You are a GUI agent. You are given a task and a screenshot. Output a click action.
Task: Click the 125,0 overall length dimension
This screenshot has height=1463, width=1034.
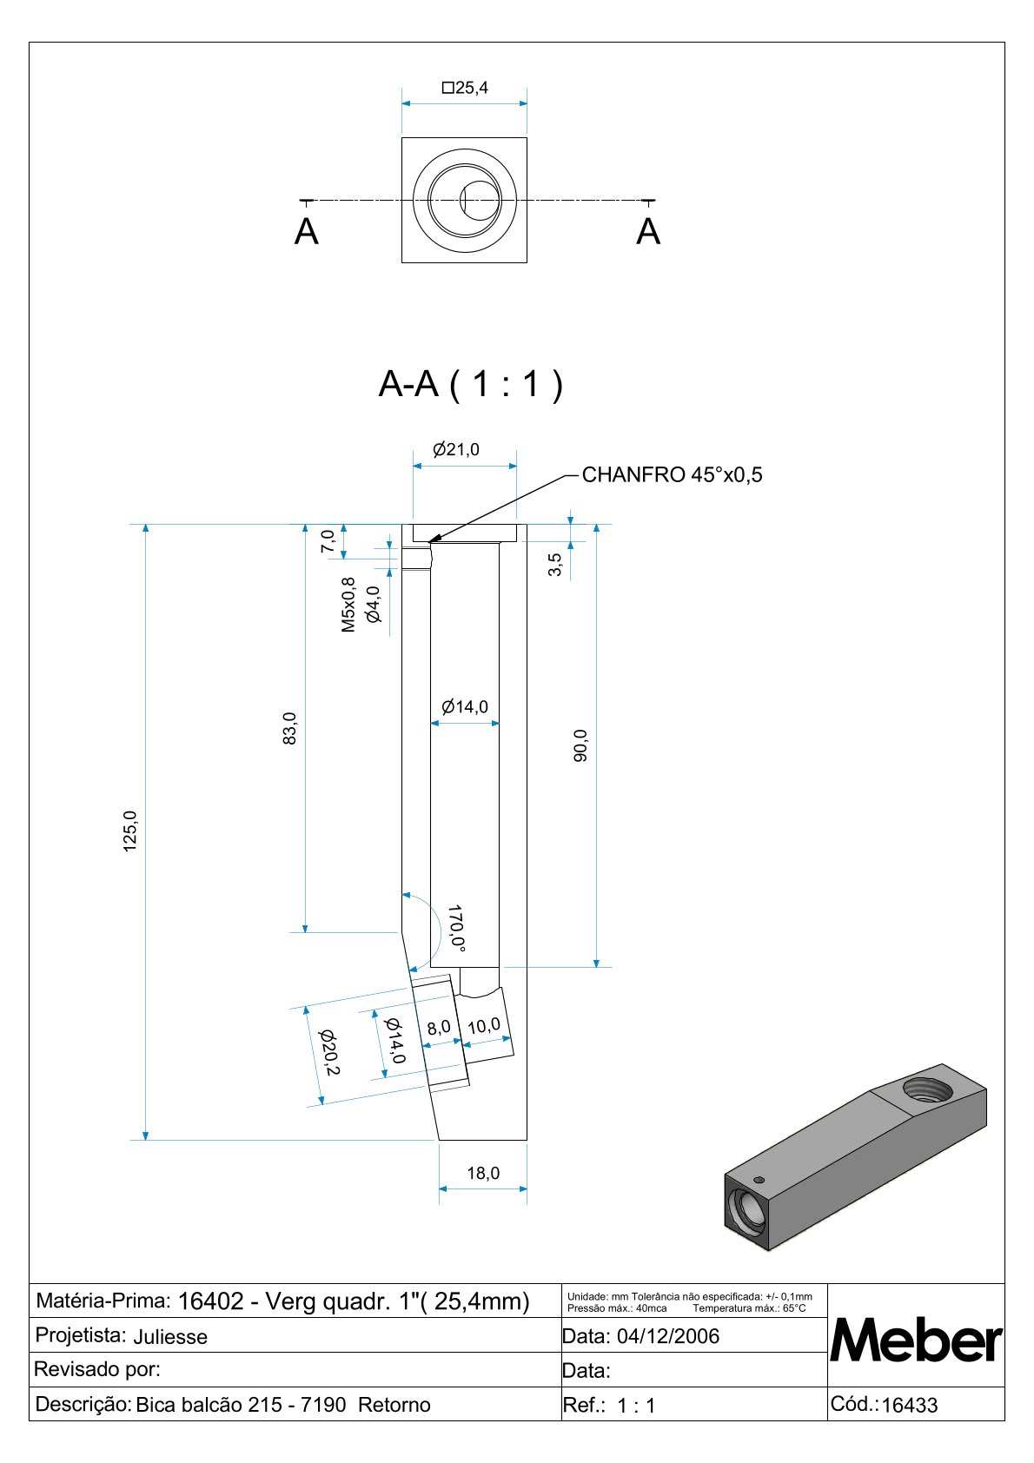click(x=130, y=831)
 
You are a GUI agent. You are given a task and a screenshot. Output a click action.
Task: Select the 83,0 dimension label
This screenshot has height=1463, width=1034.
click(x=289, y=728)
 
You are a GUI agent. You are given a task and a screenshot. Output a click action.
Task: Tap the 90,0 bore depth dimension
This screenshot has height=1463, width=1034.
click(x=580, y=745)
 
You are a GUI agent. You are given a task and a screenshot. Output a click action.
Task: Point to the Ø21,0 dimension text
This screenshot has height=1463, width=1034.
click(x=456, y=449)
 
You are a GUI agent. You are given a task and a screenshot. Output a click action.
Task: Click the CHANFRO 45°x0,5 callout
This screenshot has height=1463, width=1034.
click(x=673, y=475)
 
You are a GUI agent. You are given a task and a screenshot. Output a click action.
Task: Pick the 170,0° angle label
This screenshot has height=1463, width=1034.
click(x=456, y=928)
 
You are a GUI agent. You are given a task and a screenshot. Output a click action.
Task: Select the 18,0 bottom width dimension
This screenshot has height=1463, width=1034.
click(x=483, y=1173)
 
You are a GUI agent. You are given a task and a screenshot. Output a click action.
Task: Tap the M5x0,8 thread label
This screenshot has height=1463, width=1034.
click(x=348, y=605)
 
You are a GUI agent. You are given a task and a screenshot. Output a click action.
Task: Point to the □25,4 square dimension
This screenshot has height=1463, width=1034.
click(x=465, y=88)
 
